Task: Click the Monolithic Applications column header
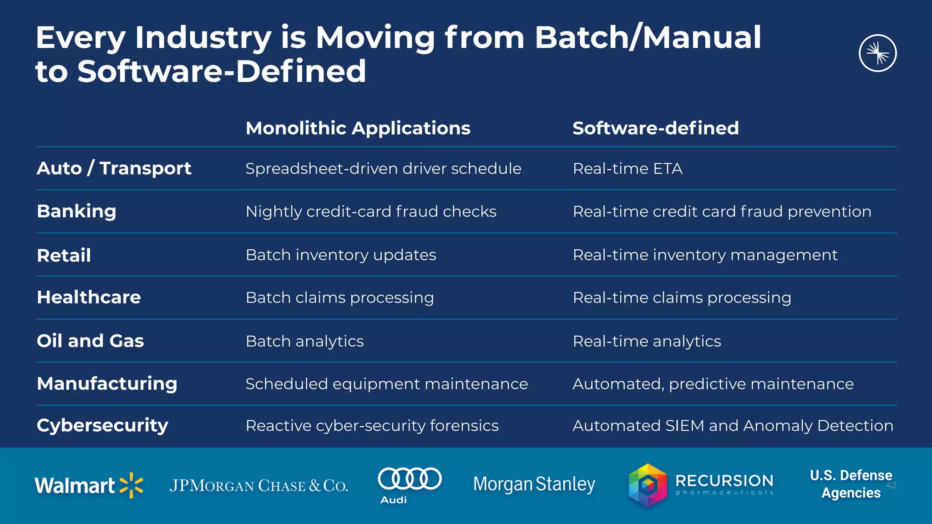[358, 128]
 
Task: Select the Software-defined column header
[655, 128]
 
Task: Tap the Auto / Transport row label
[114, 168]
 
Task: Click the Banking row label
[76, 212]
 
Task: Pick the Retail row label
[64, 255]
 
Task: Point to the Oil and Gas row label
[90, 341]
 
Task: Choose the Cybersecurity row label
[102, 426]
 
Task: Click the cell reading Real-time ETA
[627, 169]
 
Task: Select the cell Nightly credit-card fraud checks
[371, 212]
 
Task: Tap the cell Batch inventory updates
[341, 255]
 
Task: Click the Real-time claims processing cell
[682, 298]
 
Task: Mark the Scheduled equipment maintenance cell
[386, 384]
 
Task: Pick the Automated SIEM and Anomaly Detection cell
[733, 426]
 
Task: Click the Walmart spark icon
[131, 485]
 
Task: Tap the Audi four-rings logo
[410, 479]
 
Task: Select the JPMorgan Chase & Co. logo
[258, 486]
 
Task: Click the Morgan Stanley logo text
[534, 484]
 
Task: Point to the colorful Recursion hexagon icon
[648, 485]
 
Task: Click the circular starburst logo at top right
[877, 53]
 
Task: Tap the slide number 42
[891, 485]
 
